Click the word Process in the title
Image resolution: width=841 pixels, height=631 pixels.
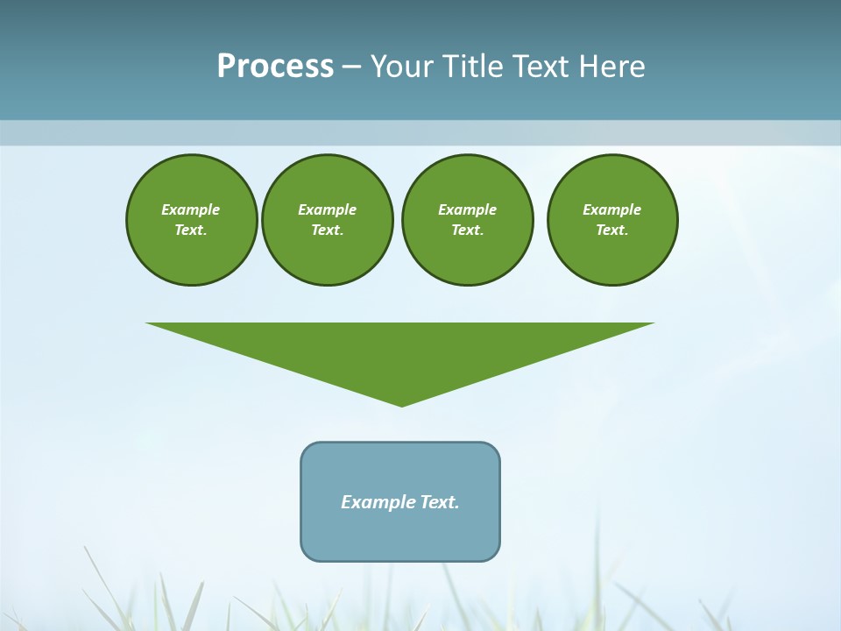pos(275,67)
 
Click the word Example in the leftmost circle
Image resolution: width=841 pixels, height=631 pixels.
pos(191,209)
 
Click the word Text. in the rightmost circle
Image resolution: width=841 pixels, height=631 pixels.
pos(611,230)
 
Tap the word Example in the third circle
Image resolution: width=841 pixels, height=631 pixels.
pos(467,209)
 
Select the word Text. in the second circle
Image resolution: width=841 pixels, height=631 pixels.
pos(327,230)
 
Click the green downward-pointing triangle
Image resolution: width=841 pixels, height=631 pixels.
pos(400,351)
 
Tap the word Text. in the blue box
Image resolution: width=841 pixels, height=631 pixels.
pos(440,502)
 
